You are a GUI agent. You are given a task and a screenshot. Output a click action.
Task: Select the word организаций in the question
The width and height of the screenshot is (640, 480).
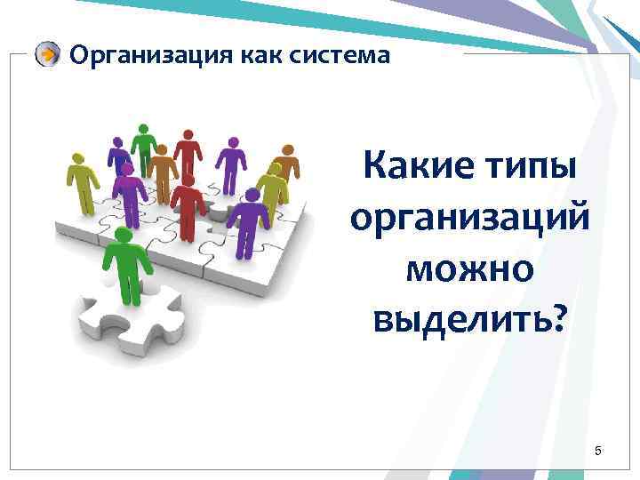pyautogui.click(x=468, y=218)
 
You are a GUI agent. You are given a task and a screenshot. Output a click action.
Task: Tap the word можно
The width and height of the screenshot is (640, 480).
pyautogui.click(x=468, y=268)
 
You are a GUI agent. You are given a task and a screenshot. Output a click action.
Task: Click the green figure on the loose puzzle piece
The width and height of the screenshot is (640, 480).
pyautogui.click(x=124, y=262)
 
